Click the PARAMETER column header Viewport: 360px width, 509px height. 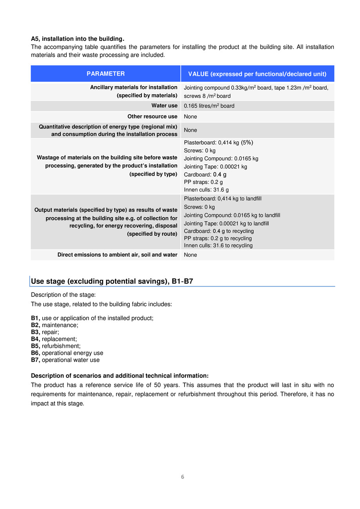coord(106,74)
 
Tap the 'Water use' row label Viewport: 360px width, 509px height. coord(165,106)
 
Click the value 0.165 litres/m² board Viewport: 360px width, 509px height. coord(209,106)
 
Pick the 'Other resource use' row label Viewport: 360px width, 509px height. coord(152,117)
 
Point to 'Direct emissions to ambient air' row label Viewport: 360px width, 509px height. coord(118,255)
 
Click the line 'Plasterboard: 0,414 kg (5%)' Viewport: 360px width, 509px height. coord(219,143)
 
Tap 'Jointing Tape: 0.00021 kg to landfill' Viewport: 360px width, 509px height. coord(226,224)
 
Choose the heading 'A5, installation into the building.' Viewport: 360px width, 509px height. coord(78,39)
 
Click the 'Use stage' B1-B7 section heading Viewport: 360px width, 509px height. coord(112,282)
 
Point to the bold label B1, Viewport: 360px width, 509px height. coord(36,318)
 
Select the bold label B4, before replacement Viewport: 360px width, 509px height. coord(36,339)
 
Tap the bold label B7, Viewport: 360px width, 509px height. coord(36,360)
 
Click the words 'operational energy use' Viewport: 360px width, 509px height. coord(72,353)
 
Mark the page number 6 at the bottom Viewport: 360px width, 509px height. coord(183,477)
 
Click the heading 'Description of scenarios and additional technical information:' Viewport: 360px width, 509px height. coord(120,375)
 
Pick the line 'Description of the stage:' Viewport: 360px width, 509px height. coord(58,295)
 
